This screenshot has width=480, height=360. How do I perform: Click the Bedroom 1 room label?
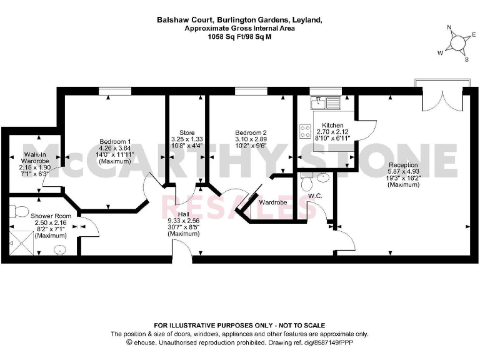115,141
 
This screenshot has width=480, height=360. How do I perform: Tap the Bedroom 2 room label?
251,132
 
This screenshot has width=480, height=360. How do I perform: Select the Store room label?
187,132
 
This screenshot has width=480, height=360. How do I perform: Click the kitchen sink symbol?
325,101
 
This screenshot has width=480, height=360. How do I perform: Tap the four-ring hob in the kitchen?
306,131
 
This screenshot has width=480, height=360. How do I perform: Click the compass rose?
457,42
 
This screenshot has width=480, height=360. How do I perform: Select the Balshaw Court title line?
239,20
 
